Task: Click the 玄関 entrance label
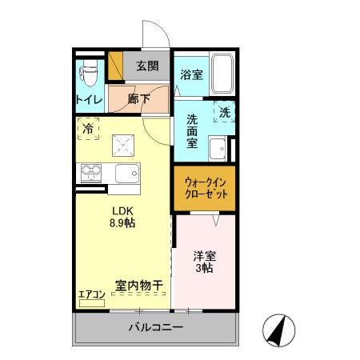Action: (x=146, y=66)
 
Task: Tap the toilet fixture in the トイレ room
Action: (x=88, y=74)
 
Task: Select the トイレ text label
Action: (x=88, y=99)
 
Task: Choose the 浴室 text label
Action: (x=190, y=75)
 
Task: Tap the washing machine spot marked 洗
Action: (x=224, y=113)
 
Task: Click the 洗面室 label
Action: (x=192, y=131)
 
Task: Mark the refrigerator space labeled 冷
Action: (x=88, y=128)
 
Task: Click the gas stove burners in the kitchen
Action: (x=90, y=172)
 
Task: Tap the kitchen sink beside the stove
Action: (x=127, y=173)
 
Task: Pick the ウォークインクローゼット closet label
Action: (x=204, y=189)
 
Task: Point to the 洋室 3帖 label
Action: (x=204, y=262)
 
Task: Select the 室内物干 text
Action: (x=138, y=284)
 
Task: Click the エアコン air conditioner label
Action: (x=91, y=294)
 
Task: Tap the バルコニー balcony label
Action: (x=156, y=328)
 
